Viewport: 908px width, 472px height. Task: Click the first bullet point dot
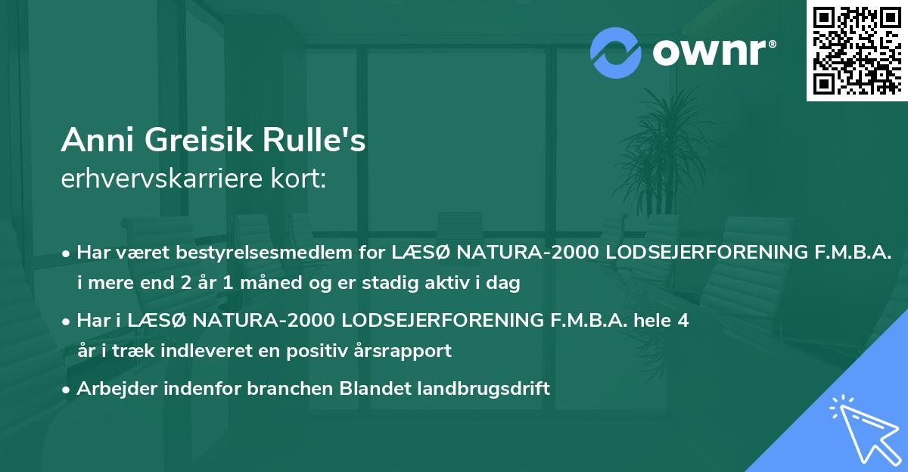point(67,252)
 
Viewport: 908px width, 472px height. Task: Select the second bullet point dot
point(67,320)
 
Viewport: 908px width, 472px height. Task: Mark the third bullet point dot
point(67,389)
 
